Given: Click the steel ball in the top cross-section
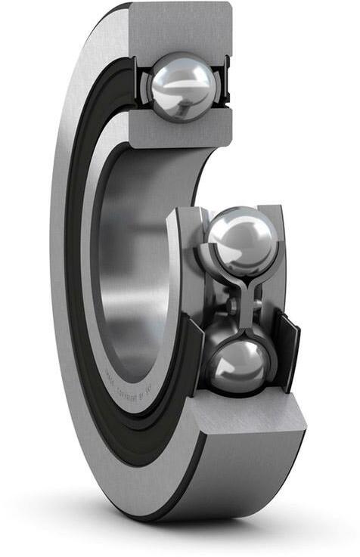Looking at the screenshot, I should [x=183, y=85].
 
